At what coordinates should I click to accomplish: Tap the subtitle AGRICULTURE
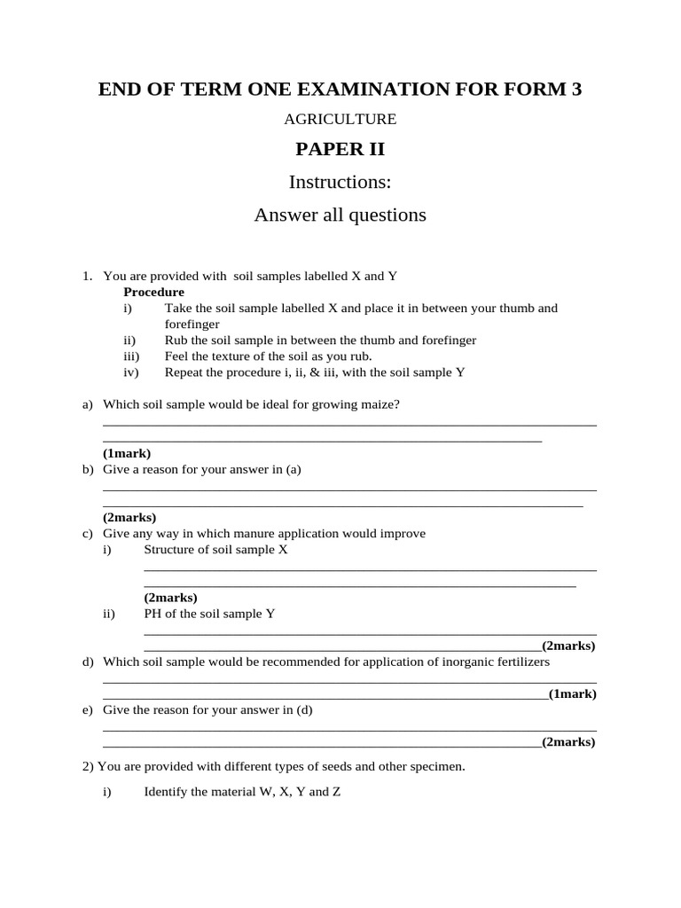pyautogui.click(x=340, y=119)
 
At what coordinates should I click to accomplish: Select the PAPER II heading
pyautogui.click(x=340, y=150)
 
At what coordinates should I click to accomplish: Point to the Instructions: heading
pyautogui.click(x=340, y=183)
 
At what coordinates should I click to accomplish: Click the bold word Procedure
pyautogui.click(x=153, y=292)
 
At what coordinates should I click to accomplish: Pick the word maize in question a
pyautogui.click(x=359, y=404)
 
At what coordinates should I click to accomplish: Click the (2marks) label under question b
pyautogui.click(x=129, y=517)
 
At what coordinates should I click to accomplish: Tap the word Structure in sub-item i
pyautogui.click(x=171, y=550)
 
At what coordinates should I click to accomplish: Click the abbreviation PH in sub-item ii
pyautogui.click(x=153, y=614)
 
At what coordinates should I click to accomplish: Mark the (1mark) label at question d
pyautogui.click(x=572, y=694)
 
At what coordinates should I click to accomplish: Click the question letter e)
pyautogui.click(x=88, y=710)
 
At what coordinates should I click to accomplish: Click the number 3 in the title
pyautogui.click(x=576, y=89)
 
